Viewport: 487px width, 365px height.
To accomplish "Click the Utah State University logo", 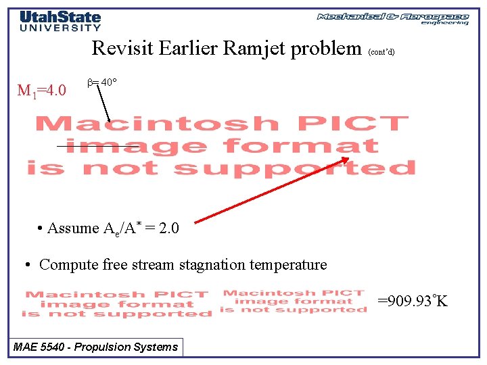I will point(60,21).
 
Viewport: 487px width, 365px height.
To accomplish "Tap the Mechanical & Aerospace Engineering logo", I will point(393,18).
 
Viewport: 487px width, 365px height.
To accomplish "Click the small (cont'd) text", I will point(382,51).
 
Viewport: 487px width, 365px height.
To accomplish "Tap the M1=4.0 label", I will point(41,91).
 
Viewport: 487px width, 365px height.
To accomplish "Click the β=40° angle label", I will point(103,82).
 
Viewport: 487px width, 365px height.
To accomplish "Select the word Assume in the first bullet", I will point(73,228).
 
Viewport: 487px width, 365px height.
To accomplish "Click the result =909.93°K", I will point(412,301).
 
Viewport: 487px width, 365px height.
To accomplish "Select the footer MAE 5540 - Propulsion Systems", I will point(96,347).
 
